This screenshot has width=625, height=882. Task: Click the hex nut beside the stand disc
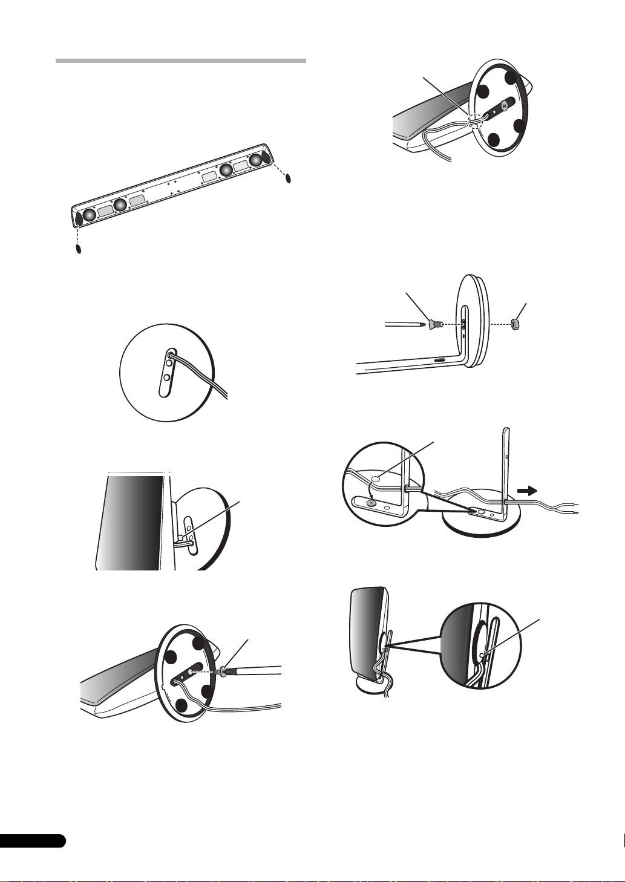[517, 324]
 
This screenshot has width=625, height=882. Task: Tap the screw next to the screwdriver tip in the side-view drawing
[435, 325]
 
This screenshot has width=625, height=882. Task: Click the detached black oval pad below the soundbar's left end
[78, 249]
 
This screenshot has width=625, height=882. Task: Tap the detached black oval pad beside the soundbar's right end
[289, 178]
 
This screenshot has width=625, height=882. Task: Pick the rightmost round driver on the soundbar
[257, 159]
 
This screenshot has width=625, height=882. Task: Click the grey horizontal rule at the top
[180, 61]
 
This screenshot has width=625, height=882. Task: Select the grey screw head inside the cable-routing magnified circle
[371, 502]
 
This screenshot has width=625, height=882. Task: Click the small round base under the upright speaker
[369, 687]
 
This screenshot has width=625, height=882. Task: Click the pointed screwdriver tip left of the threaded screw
[421, 324]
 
